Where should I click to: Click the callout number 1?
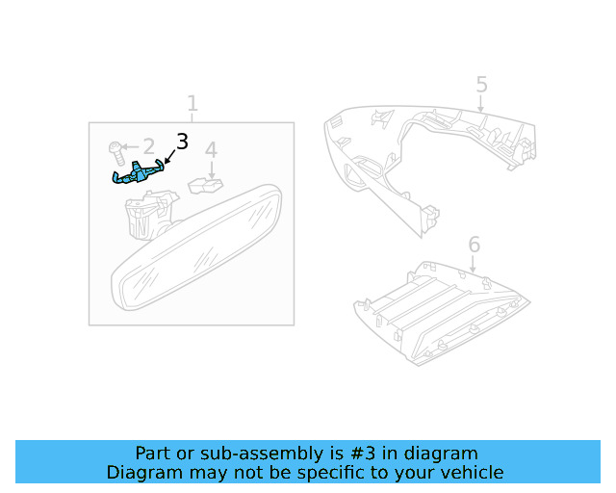click(192, 103)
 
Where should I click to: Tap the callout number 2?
click(148, 146)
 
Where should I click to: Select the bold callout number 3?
click(182, 143)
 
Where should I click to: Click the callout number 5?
click(481, 85)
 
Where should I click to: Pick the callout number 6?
click(474, 244)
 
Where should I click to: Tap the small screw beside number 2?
click(115, 150)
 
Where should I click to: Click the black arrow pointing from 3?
click(168, 157)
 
